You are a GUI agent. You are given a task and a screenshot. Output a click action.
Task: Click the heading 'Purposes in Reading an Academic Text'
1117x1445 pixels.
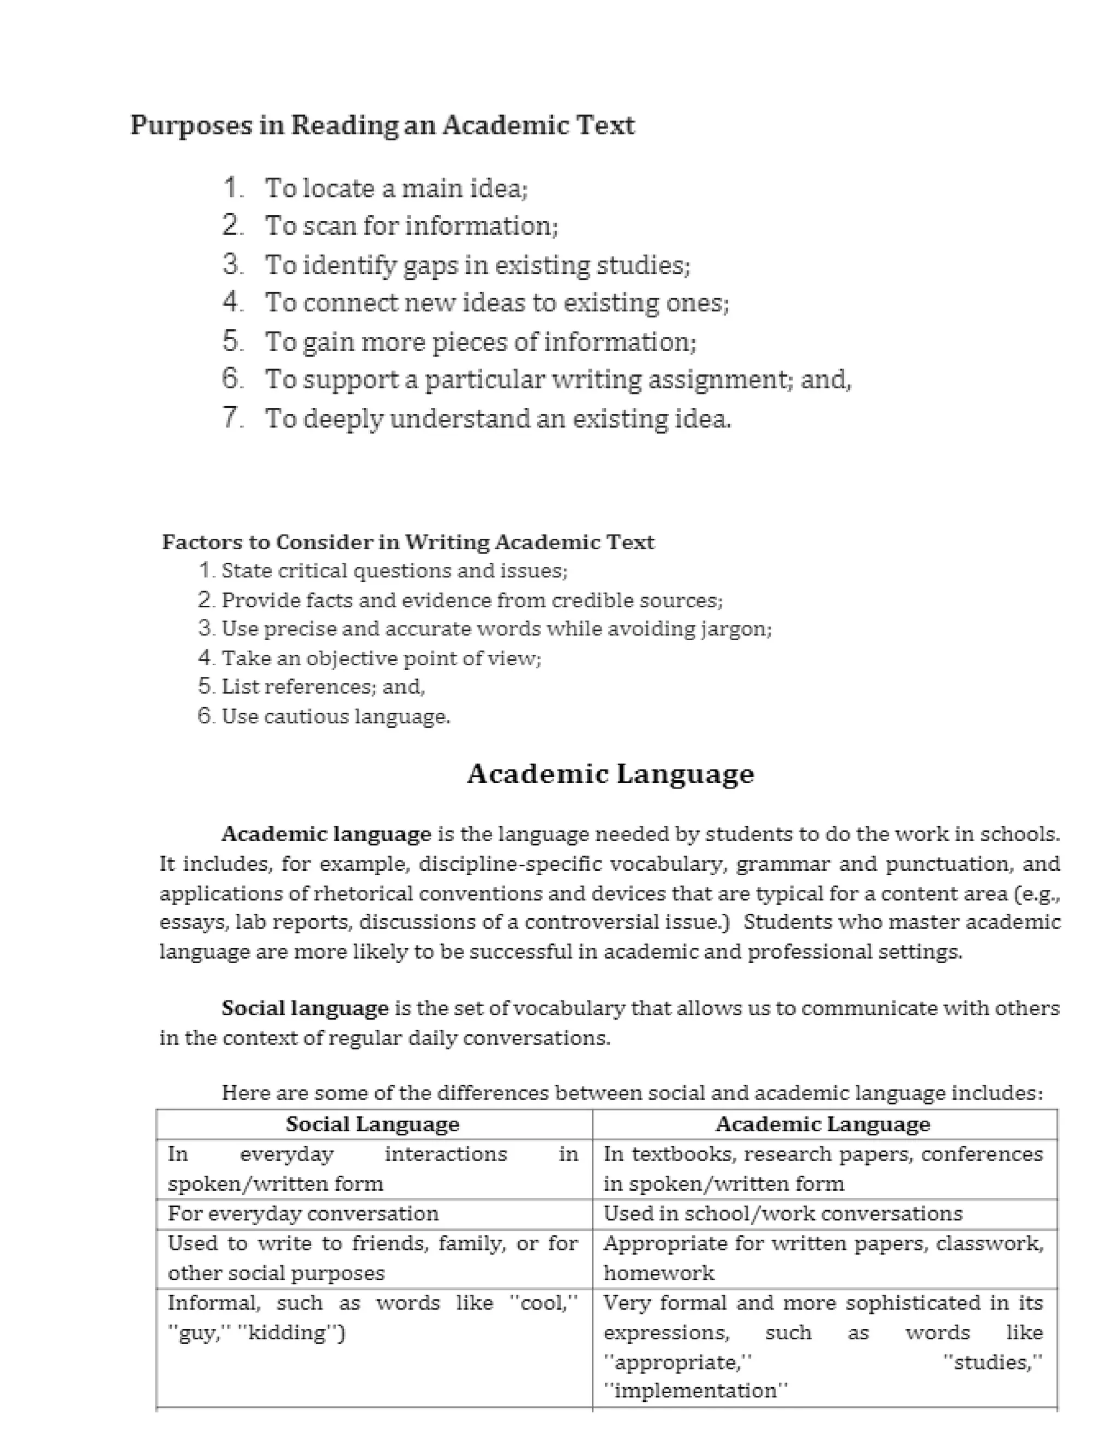click(x=382, y=125)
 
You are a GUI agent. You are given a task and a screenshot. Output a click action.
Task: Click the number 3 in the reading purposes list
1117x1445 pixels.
click(x=232, y=264)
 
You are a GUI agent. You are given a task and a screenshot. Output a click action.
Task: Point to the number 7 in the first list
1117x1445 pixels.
click(x=232, y=418)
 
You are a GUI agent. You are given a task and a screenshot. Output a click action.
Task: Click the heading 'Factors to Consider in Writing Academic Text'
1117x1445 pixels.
click(x=407, y=543)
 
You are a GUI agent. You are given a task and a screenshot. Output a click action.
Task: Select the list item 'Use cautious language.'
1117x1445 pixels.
click(x=335, y=717)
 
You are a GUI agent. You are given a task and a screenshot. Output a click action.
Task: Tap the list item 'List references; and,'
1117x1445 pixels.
click(x=323, y=687)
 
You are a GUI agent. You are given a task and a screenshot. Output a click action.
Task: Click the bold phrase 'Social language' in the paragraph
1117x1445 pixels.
click(x=305, y=1008)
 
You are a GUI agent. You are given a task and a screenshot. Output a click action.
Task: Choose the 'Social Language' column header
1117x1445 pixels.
click(x=373, y=1124)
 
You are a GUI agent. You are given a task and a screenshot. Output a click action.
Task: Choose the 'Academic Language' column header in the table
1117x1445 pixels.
click(x=822, y=1124)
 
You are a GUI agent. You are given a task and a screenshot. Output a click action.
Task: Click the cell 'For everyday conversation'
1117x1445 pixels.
click(x=303, y=1213)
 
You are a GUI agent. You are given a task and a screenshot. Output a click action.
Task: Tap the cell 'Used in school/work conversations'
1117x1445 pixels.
click(x=782, y=1213)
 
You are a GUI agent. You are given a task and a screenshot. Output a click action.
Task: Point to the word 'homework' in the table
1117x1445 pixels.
click(x=658, y=1273)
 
